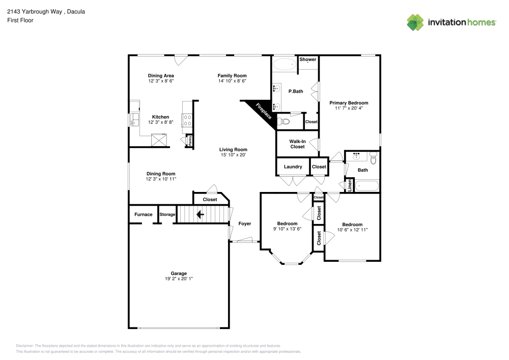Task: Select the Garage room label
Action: (179, 273)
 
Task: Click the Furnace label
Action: (143, 214)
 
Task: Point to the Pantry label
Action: (190, 141)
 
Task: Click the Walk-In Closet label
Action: (297, 144)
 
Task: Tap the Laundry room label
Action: (293, 167)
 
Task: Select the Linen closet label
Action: (350, 185)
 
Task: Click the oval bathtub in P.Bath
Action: (284, 65)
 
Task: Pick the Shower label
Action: (307, 60)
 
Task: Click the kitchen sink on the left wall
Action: (134, 120)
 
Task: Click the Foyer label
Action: (245, 224)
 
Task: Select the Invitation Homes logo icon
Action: (415, 22)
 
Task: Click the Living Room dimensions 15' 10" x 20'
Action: (233, 155)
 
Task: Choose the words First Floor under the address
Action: (20, 20)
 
